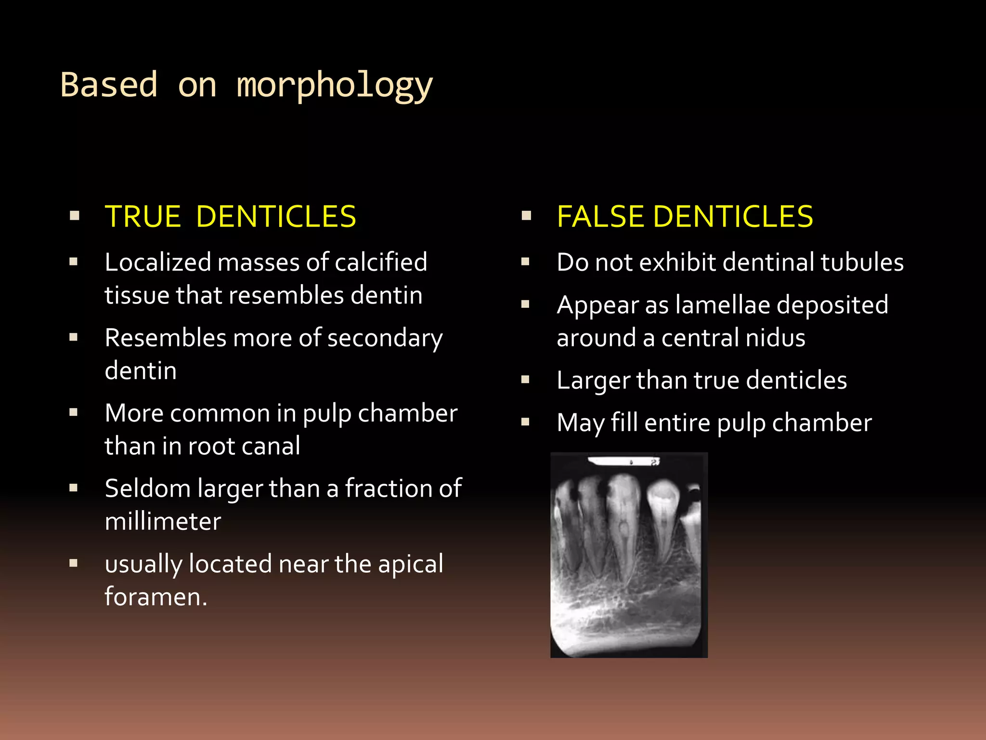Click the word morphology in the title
(335, 85)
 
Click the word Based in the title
(109, 85)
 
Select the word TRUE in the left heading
(143, 216)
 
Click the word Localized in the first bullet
(157, 262)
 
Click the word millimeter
(163, 521)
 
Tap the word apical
(410, 564)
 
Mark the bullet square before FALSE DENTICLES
(526, 216)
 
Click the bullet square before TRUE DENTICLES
(74, 216)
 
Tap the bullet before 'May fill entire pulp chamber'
(525, 423)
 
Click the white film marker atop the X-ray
(623, 462)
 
